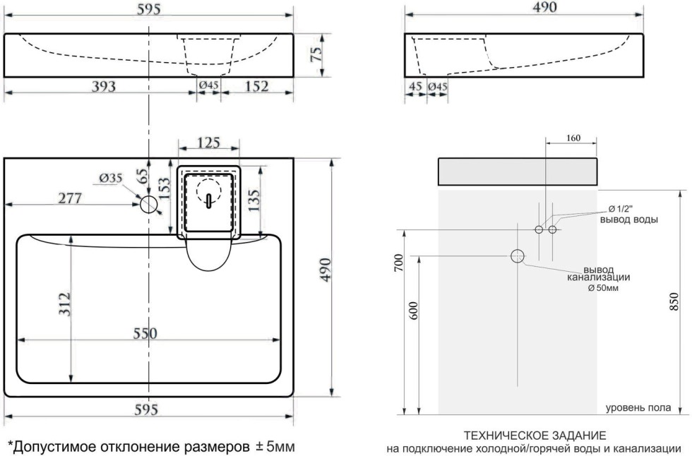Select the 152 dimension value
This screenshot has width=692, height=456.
257,86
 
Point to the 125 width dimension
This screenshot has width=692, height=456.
208,143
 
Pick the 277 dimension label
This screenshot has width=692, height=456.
69,198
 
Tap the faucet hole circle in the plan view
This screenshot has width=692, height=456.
148,205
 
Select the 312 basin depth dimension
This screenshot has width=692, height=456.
63,305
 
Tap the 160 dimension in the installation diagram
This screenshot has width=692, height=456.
573,138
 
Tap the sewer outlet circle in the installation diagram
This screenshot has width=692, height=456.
518,256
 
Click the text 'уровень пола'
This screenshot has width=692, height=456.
638,407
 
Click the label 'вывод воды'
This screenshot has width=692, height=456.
629,220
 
